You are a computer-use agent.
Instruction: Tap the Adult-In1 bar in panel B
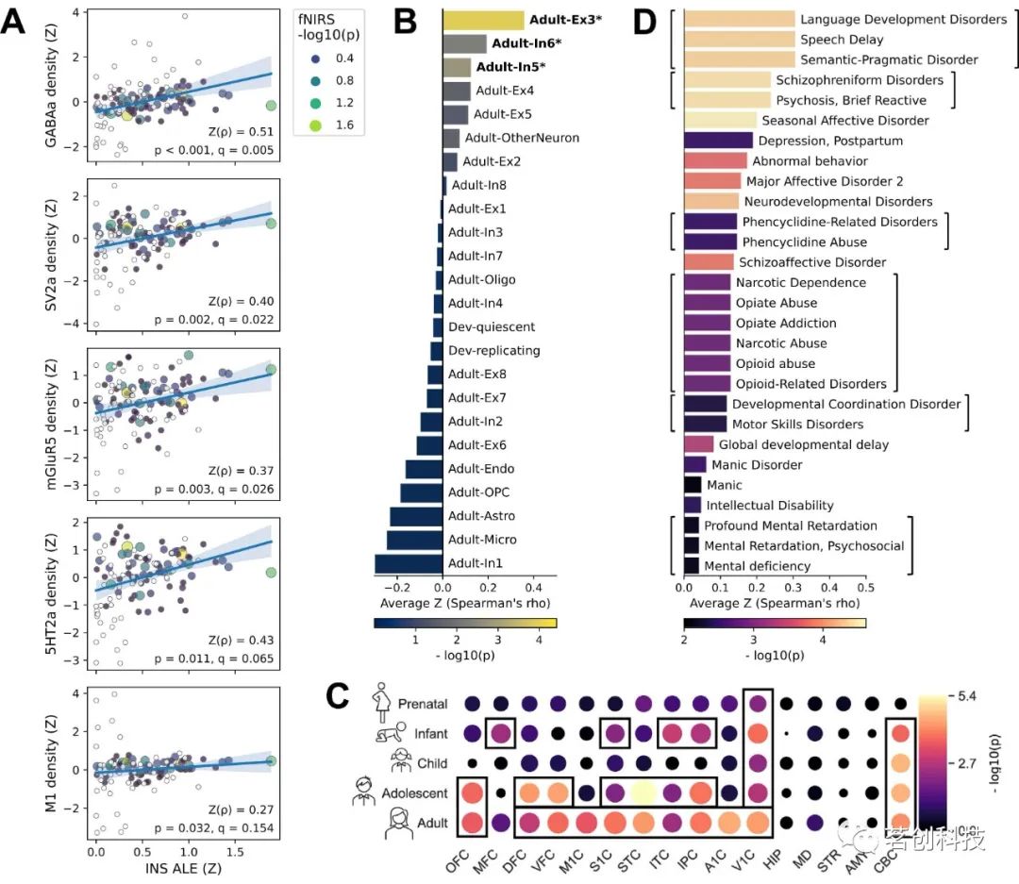tap(409, 563)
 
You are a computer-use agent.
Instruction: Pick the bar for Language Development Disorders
tap(739, 19)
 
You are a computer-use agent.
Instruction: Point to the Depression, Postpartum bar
tap(717, 141)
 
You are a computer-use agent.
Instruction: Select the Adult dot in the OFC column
tap(474, 824)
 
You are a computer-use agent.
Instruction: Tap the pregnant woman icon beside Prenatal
tap(381, 702)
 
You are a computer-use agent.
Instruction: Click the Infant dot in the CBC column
tap(901, 733)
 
